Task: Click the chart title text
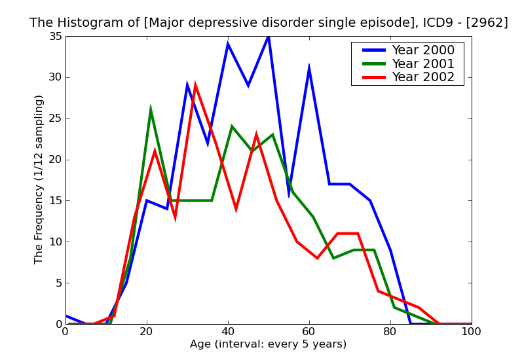point(269,23)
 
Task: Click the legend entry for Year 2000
point(422,50)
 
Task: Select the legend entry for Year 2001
point(422,63)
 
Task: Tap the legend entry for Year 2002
point(422,77)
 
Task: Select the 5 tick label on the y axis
point(58,283)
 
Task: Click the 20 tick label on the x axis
point(147,332)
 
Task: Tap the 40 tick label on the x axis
point(228,332)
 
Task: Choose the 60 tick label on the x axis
point(309,332)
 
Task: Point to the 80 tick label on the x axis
point(390,332)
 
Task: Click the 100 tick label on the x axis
point(471,332)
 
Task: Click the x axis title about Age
point(269,344)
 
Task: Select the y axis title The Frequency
point(39,179)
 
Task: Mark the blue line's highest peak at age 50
point(269,37)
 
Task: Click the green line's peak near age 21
point(151,108)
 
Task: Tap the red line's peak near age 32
point(195,86)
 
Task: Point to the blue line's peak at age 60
point(309,67)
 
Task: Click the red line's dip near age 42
point(236,208)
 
